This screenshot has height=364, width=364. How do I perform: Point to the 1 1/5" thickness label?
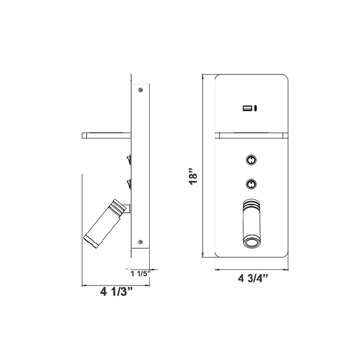coord(140,273)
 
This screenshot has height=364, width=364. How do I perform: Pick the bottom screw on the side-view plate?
coord(140,241)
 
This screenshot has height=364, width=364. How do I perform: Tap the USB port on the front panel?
coord(247,109)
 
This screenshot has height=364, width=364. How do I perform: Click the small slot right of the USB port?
coord(256,109)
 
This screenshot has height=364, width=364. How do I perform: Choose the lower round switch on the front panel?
coord(251,183)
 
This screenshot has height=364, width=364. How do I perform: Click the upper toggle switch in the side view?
coord(128,158)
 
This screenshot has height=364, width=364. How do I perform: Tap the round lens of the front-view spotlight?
coord(251,242)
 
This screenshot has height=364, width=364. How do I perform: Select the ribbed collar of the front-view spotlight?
coord(251,204)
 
